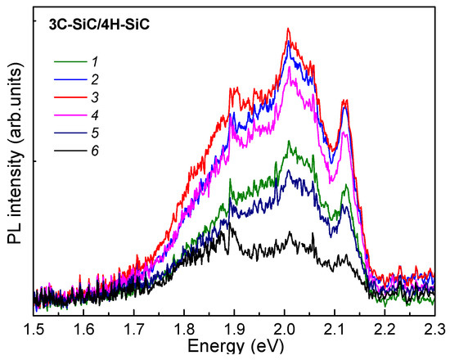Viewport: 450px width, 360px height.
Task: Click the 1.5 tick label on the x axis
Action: pyautogui.click(x=34, y=329)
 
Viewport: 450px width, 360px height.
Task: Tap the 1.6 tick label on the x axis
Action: pyautogui.click(x=84, y=329)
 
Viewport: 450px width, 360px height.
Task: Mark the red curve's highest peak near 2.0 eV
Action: pyautogui.click(x=288, y=29)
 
